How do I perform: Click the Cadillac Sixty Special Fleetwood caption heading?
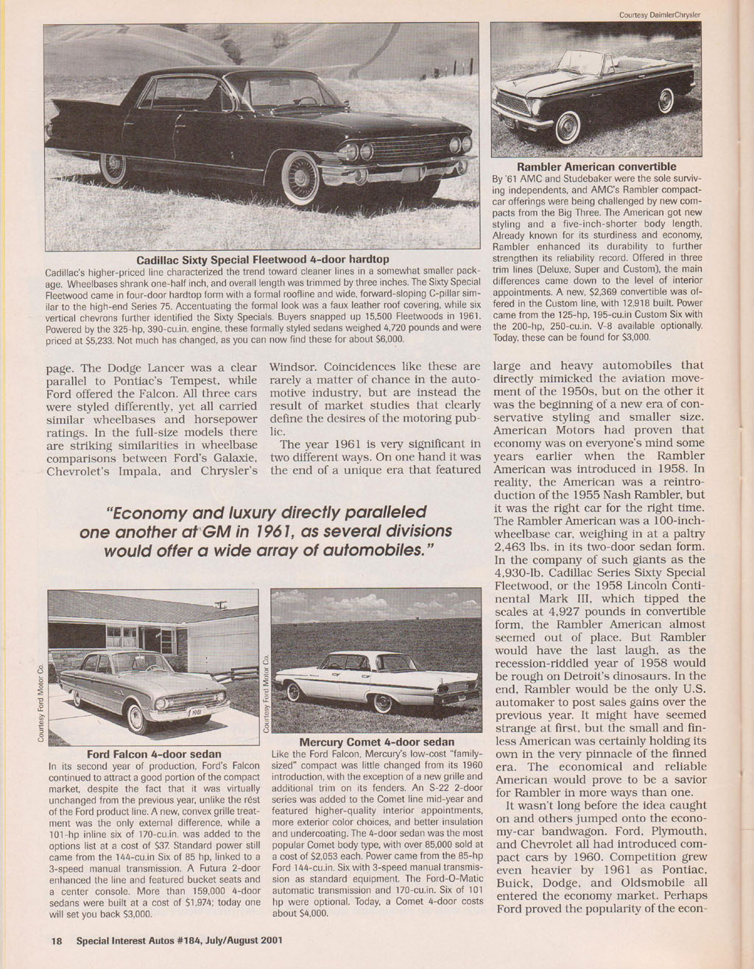coord(262,260)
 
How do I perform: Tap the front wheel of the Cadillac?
coord(300,176)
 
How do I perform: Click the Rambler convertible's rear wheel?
coord(666,100)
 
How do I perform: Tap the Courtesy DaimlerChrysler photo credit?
coord(658,14)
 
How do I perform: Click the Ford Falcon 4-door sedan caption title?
coord(154,754)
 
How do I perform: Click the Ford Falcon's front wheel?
coord(136,717)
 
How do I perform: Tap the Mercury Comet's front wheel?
coord(295,692)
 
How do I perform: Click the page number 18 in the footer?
coord(56,940)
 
